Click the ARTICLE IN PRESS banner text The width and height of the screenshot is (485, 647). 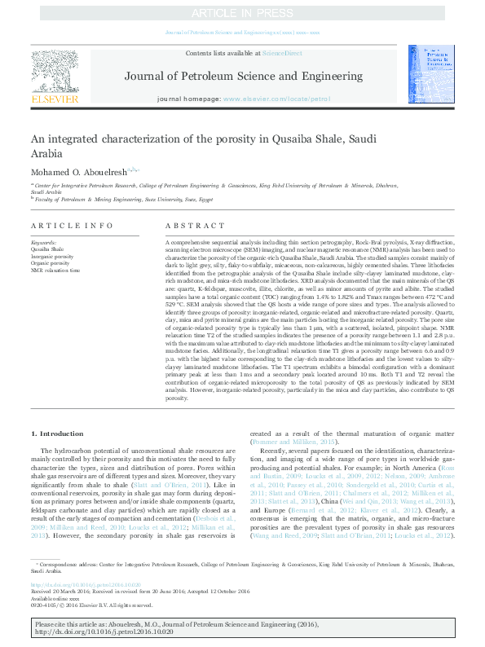(x=242, y=13)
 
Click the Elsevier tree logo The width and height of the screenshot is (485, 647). (x=55, y=71)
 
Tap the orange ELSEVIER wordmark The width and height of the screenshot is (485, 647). (x=55, y=99)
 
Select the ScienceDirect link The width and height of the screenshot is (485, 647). (x=281, y=53)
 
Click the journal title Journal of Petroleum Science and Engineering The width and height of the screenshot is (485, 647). (x=241, y=76)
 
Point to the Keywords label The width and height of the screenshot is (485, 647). (x=43, y=243)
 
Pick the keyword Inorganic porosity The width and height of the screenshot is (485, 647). (x=52, y=257)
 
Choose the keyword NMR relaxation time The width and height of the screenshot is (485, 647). (x=55, y=270)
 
